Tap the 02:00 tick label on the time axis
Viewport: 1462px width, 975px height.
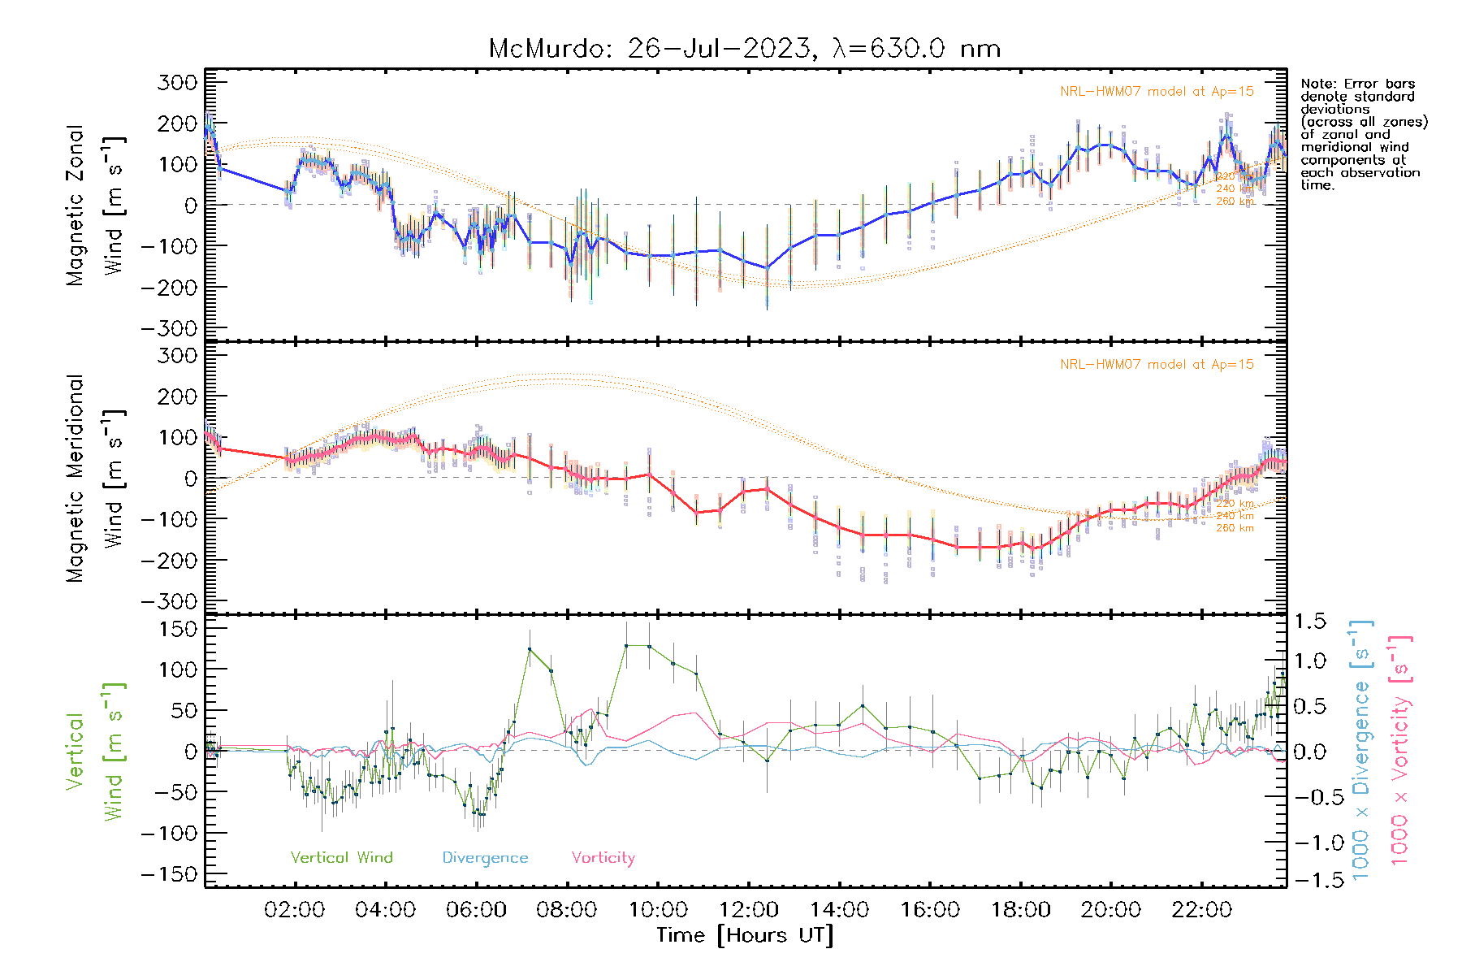[x=295, y=910]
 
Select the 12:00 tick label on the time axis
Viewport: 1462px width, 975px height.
[x=749, y=910]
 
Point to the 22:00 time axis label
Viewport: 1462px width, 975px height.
[x=1202, y=910]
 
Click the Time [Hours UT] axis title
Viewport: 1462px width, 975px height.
[x=745, y=935]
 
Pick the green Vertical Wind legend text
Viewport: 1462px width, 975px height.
[x=341, y=857]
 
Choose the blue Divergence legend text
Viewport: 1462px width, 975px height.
[x=485, y=858]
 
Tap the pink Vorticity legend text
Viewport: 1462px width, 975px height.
[x=603, y=857]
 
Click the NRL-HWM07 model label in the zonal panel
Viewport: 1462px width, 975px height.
[x=1157, y=92]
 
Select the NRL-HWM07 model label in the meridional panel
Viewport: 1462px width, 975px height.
[x=1157, y=365]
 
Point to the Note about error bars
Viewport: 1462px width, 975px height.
[x=1363, y=134]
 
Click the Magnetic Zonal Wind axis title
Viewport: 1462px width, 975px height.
[x=95, y=205]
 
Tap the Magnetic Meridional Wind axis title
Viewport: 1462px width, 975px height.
[x=95, y=478]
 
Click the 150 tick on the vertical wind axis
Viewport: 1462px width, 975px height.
[x=179, y=629]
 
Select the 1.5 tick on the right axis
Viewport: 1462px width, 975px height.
[x=1309, y=622]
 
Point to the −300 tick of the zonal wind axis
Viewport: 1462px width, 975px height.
[x=169, y=328]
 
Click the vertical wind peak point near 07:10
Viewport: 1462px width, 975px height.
[x=530, y=649]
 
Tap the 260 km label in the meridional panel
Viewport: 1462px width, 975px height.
[x=1235, y=528]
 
